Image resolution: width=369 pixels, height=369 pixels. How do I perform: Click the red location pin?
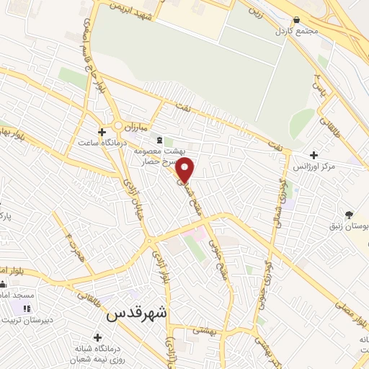click(186, 171)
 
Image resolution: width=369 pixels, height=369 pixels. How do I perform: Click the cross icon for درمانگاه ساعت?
click(102, 132)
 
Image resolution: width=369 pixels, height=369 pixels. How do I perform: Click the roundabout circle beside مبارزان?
click(117, 125)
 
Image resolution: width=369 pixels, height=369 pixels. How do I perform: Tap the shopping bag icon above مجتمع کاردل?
click(297, 20)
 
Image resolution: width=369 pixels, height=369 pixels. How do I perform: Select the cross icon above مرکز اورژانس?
click(313, 155)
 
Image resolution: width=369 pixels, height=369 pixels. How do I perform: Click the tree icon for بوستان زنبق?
click(350, 214)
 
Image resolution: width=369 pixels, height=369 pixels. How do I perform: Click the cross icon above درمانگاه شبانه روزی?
click(97, 337)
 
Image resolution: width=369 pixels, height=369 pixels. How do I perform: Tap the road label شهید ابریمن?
click(131, 11)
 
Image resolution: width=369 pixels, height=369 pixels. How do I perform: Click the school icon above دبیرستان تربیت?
click(27, 309)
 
